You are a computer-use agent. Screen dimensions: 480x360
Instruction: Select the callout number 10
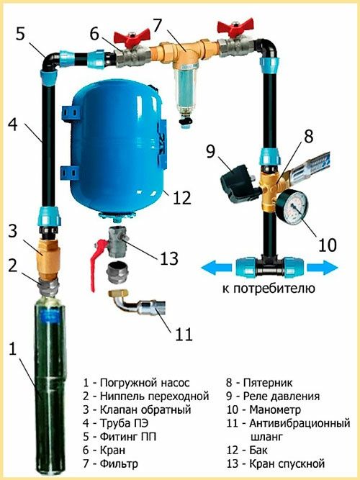pyautogui.click(x=327, y=244)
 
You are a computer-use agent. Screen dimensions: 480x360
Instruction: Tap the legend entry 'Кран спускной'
pyautogui.click(x=285, y=464)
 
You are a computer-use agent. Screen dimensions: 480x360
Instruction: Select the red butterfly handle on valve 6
pyautogui.click(x=135, y=34)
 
